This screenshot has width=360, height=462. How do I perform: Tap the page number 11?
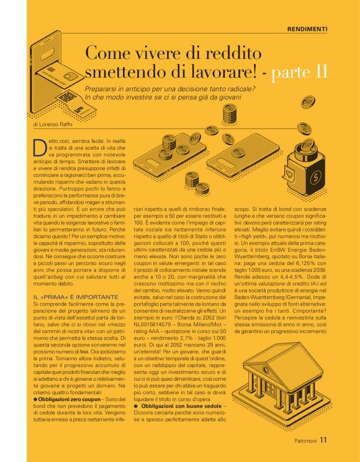pos(323,442)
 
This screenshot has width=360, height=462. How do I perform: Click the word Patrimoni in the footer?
pos(305,442)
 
